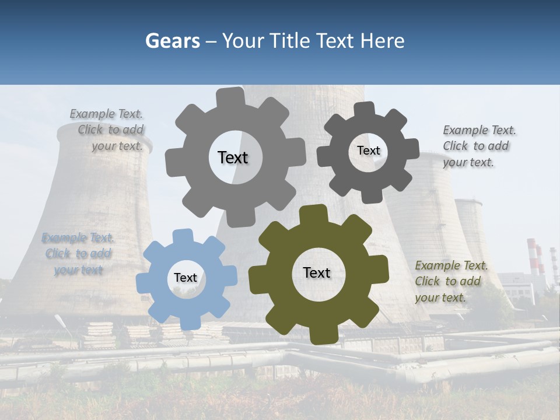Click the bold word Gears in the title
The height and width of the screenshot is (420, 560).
coord(172,41)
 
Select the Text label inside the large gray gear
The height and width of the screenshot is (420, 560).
coord(233,157)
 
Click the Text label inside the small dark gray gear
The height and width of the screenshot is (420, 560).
coord(368,150)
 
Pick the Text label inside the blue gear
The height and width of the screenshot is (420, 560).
coord(185,278)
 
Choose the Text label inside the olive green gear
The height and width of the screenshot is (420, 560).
coord(317,272)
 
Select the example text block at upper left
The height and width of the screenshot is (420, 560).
coord(107,130)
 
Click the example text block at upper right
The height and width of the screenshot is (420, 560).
coord(478,146)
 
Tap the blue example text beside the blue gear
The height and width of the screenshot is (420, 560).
coord(78,254)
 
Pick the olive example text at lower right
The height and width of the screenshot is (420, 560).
coord(450,281)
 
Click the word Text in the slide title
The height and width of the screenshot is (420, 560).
coord(334,41)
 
